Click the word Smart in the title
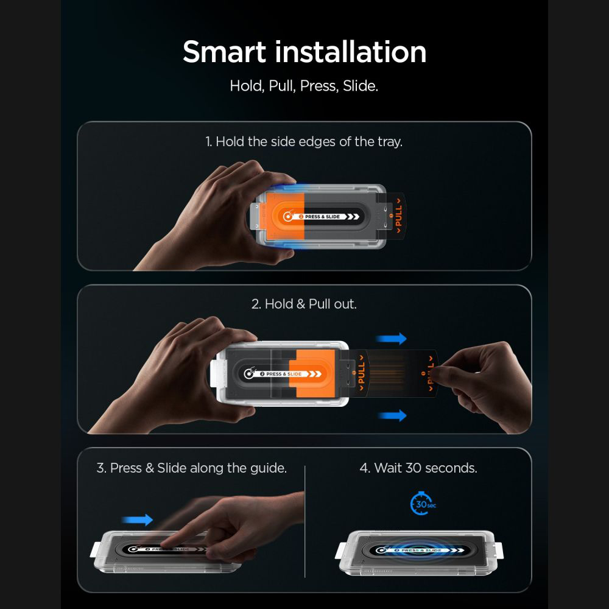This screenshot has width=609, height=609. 224,52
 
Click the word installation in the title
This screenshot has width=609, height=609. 351,52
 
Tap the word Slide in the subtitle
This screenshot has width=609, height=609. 360,86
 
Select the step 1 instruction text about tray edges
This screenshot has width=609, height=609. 304,142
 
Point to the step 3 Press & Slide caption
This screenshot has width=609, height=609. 191,468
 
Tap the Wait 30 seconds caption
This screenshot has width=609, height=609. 418,468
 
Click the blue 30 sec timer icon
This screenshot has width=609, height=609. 423,504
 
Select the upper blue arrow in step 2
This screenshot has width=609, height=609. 391,339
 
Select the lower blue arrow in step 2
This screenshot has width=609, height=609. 392,415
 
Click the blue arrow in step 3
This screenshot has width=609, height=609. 137,519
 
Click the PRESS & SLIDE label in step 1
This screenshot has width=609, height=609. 322,217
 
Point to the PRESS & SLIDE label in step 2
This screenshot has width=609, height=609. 284,374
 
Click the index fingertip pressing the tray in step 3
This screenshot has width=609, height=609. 164,545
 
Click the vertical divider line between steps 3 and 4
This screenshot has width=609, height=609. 305,522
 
